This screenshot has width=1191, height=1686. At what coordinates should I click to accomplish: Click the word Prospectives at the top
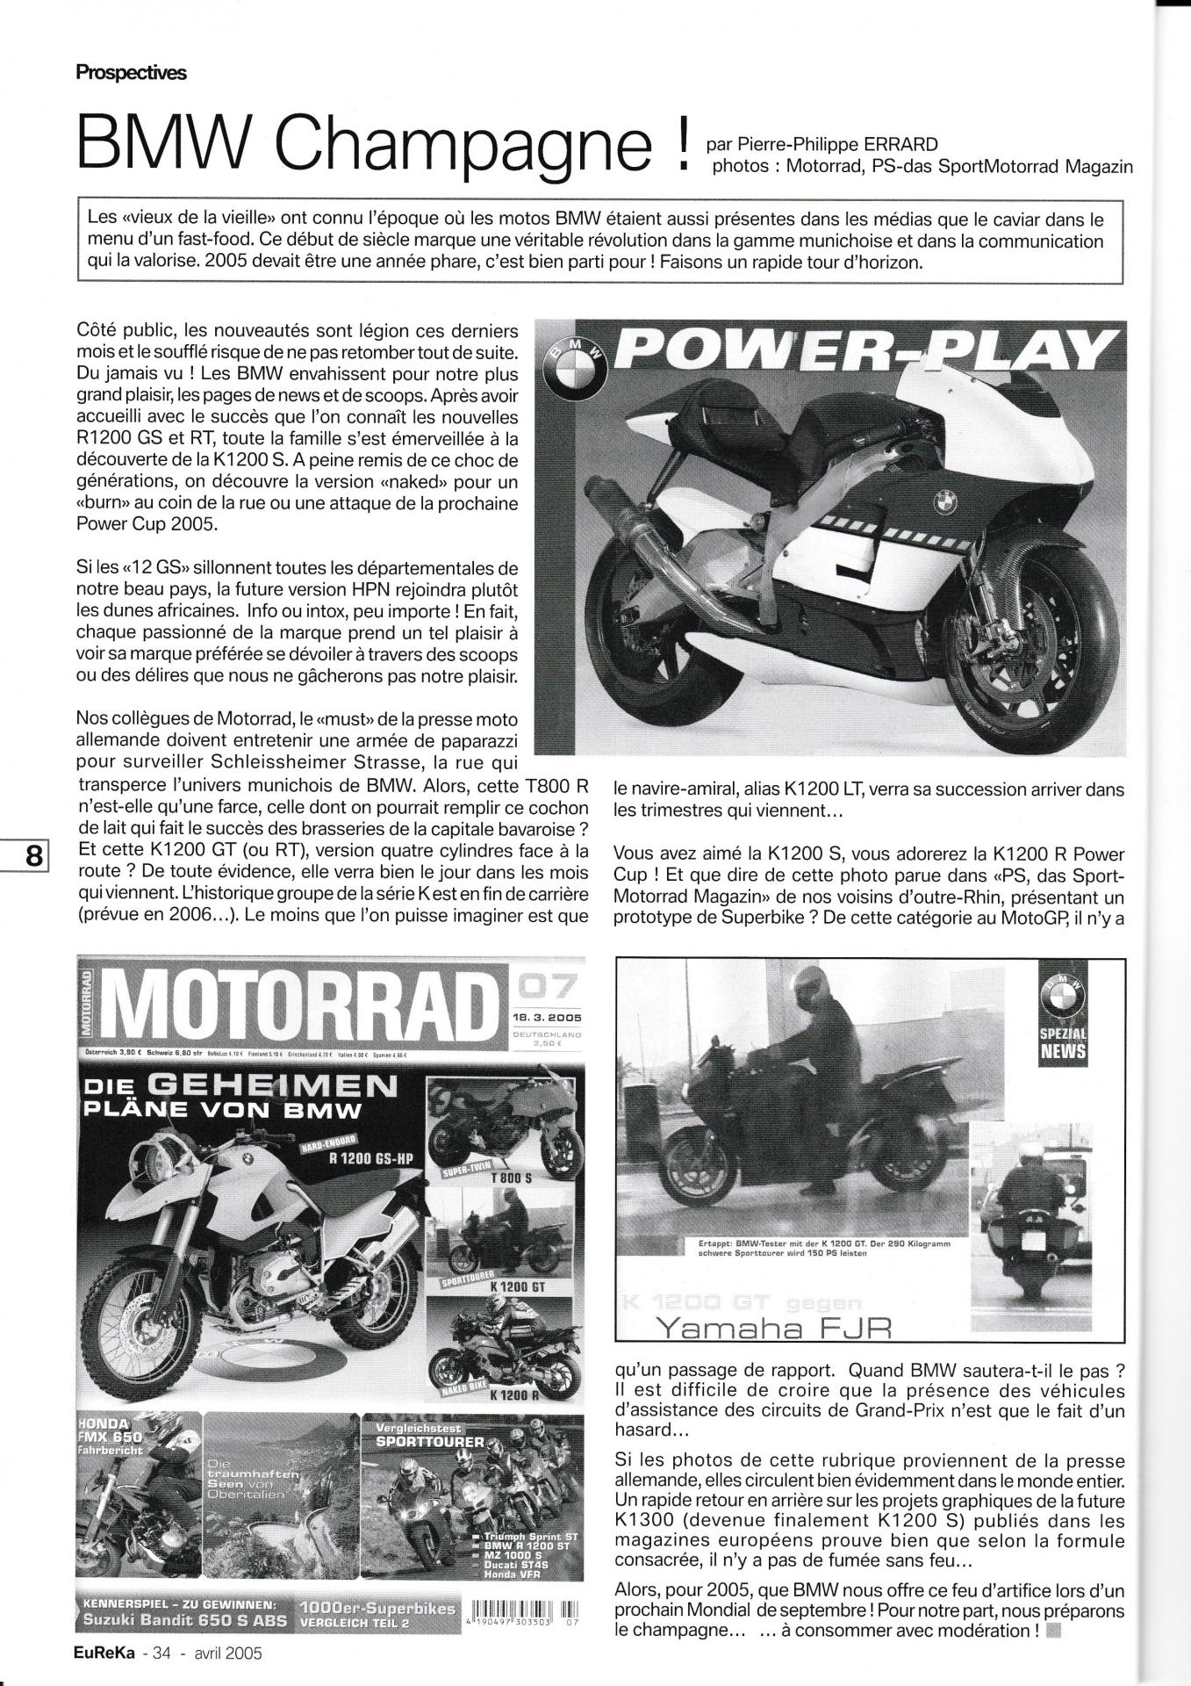131,73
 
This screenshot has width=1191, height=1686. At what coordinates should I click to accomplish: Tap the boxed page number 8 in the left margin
34,855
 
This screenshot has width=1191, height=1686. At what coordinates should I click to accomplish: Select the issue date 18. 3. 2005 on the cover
546,1017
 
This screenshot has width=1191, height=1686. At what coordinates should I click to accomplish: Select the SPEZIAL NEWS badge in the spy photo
1063,1019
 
